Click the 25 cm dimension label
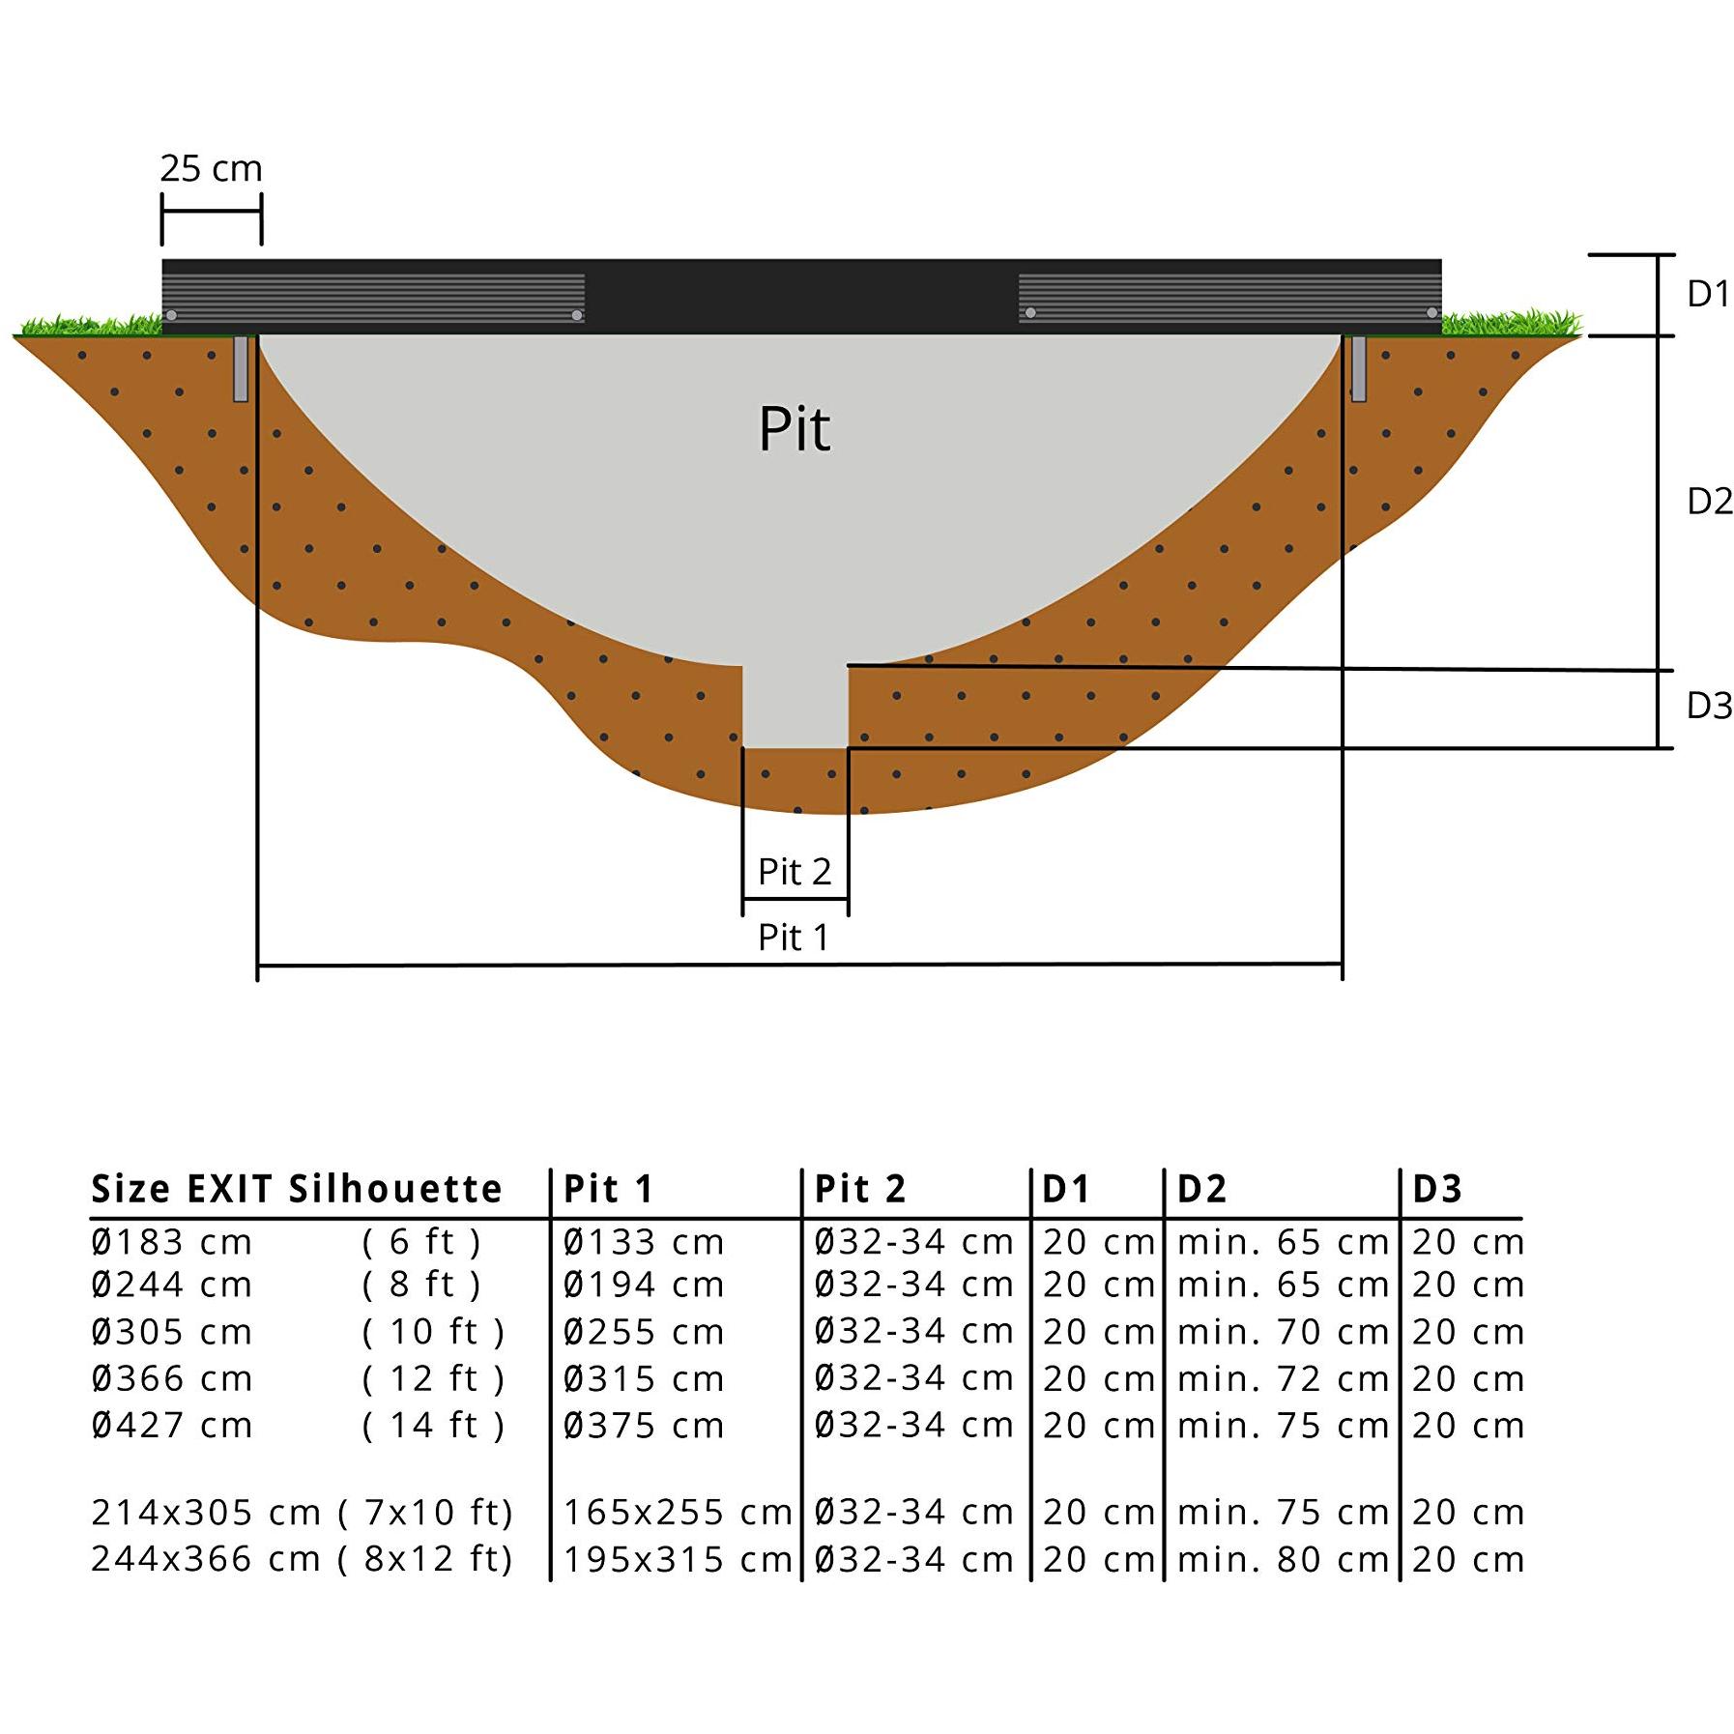pyautogui.click(x=211, y=169)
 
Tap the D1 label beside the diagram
pyautogui.click(x=1708, y=294)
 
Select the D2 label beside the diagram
pyautogui.click(x=1709, y=502)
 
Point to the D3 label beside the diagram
pyautogui.click(x=1709, y=707)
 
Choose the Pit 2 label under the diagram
pyautogui.click(x=795, y=872)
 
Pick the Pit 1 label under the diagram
pyautogui.click(x=794, y=938)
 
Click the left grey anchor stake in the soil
pyautogui.click(x=241, y=368)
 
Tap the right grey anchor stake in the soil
pyautogui.click(x=1358, y=368)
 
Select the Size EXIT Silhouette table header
pyautogui.click(x=297, y=1189)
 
